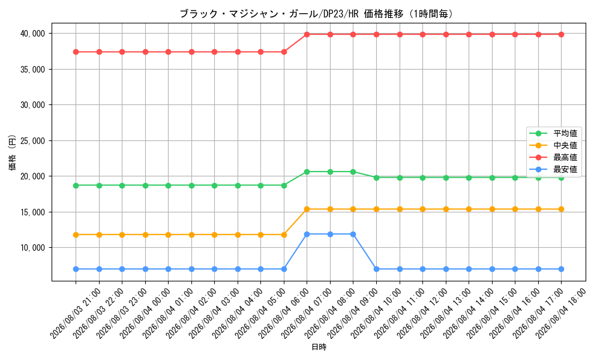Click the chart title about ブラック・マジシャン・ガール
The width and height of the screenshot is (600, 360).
317,14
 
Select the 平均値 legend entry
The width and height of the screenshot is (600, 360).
553,134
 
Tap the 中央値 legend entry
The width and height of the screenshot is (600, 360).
553,145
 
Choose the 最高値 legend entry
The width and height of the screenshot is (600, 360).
553,157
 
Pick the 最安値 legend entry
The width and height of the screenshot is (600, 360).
553,169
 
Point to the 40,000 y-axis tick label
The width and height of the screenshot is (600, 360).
32,34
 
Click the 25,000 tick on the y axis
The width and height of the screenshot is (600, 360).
32,141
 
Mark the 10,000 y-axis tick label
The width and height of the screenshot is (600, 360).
32,248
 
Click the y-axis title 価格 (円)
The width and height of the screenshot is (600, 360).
12,152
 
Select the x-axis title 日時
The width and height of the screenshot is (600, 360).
319,347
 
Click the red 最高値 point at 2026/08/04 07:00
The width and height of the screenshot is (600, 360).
307,34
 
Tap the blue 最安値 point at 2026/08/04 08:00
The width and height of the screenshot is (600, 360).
330,234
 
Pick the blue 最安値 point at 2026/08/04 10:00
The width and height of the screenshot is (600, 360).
377,269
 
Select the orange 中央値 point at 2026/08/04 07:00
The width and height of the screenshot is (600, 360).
307,209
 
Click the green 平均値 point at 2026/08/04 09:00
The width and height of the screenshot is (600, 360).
353,172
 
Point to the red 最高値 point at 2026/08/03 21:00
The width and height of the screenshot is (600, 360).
76,52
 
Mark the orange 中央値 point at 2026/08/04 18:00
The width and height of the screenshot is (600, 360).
562,209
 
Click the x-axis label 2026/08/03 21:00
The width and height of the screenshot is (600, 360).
76,314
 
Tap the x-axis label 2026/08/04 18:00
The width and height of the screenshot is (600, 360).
561,314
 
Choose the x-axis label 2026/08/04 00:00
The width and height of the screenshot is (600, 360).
145,314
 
